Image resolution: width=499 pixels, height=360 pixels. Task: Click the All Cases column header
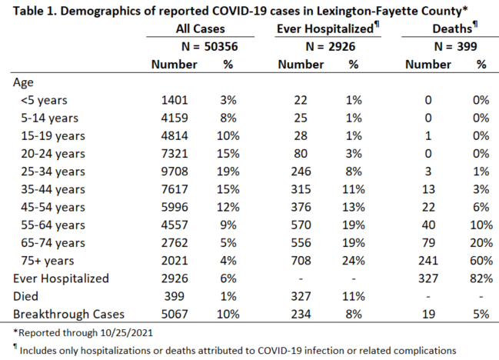tap(201, 28)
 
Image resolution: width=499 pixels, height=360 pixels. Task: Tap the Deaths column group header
tap(454, 28)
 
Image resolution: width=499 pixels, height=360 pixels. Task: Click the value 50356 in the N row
tap(221, 46)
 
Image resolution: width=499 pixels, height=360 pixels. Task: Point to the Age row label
tap(23, 83)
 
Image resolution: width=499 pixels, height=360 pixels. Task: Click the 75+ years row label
tap(48, 261)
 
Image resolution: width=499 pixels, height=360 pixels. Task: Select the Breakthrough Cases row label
tap(68, 314)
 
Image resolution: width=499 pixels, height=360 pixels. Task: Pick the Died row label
tap(25, 296)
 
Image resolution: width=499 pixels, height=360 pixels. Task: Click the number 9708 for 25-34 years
tap(175, 172)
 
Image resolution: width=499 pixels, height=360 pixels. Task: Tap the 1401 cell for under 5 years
tap(175, 100)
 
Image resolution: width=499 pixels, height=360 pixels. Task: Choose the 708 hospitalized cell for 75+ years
tap(301, 261)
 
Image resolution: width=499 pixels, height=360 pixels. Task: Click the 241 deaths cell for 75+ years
tap(428, 261)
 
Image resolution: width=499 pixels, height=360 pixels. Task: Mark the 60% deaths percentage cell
tap(481, 261)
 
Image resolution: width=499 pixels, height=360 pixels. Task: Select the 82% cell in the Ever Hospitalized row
tap(481, 278)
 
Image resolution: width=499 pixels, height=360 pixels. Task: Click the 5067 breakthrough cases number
tap(175, 314)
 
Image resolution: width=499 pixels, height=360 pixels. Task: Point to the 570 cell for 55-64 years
tap(301, 225)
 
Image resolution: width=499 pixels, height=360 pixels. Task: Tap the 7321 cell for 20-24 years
tap(175, 154)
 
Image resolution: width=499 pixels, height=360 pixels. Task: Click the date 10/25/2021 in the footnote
tap(127, 333)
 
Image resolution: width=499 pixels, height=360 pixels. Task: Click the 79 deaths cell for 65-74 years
tap(428, 243)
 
